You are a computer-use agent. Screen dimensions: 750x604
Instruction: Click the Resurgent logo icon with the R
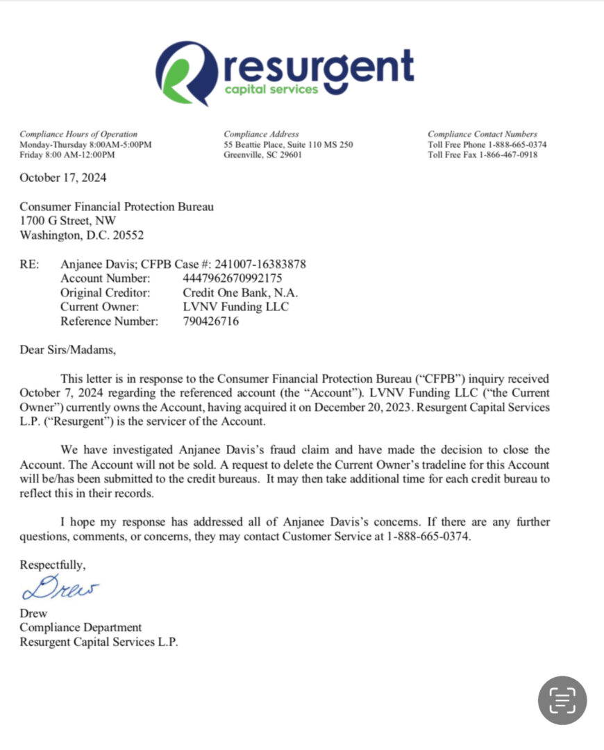[x=186, y=72]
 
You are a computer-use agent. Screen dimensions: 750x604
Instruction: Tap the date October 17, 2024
[x=63, y=178]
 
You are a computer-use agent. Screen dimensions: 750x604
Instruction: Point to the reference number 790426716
[x=211, y=321]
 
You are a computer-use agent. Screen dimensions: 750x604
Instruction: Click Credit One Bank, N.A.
[x=240, y=292]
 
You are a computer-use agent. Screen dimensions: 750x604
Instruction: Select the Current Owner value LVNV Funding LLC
[x=236, y=306]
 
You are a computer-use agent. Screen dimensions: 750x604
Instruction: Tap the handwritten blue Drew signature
[x=60, y=587]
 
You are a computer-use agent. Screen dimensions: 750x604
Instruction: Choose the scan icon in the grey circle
[x=562, y=700]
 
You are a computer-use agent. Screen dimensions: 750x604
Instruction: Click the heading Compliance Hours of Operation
[x=78, y=134]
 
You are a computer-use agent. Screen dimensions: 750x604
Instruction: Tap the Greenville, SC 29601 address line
[x=262, y=155]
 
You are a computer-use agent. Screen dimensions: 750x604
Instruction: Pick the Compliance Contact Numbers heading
[x=483, y=134]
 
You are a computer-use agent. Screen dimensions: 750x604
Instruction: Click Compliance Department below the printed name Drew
[x=81, y=628]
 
